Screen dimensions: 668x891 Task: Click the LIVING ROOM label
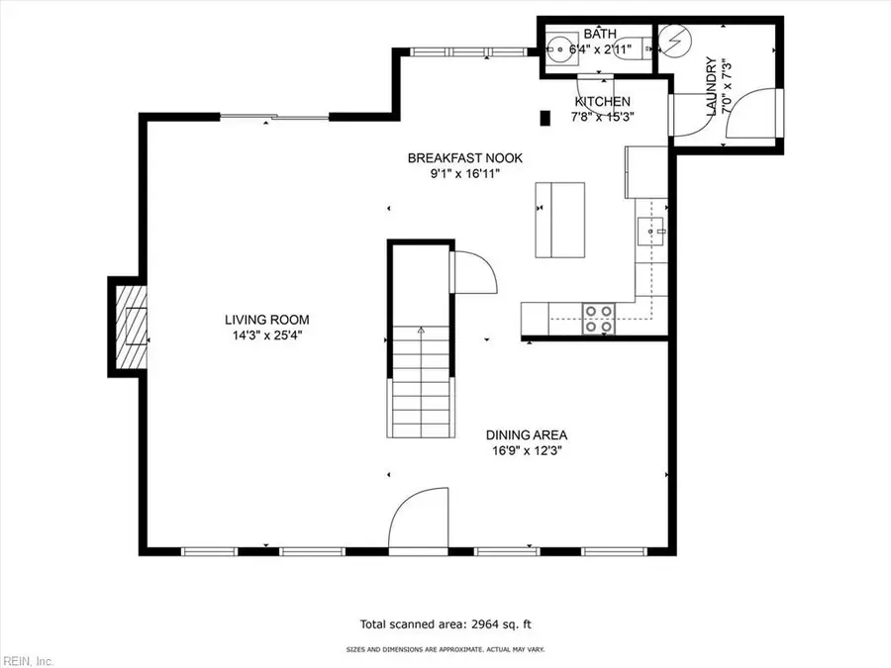coord(266,320)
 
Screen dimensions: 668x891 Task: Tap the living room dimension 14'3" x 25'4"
coord(266,335)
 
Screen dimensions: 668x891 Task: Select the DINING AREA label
coord(526,434)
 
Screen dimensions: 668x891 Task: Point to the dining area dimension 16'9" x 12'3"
coord(526,450)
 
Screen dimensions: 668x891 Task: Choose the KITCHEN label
coord(603,102)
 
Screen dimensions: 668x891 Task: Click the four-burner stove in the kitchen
coord(597,319)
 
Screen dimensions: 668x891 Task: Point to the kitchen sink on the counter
coord(652,230)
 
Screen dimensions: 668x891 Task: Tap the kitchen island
coord(559,219)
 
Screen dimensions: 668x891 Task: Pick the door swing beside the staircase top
coord(472,271)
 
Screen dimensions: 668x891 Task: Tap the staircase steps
coord(421,396)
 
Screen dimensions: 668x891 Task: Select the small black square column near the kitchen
coord(544,119)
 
